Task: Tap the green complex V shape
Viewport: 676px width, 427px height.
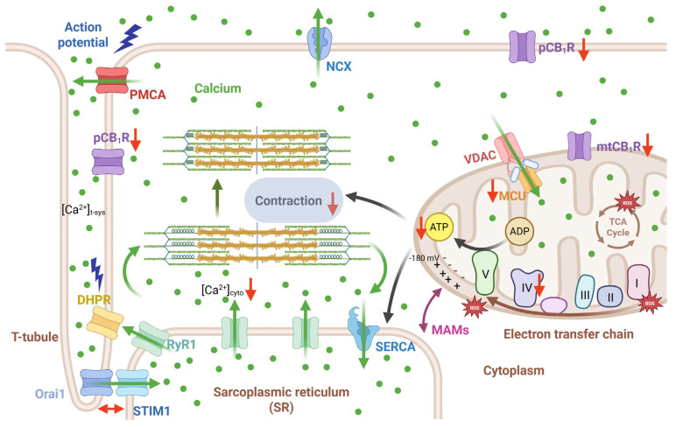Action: click(x=485, y=273)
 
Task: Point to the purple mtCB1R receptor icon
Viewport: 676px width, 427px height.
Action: click(x=580, y=145)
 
